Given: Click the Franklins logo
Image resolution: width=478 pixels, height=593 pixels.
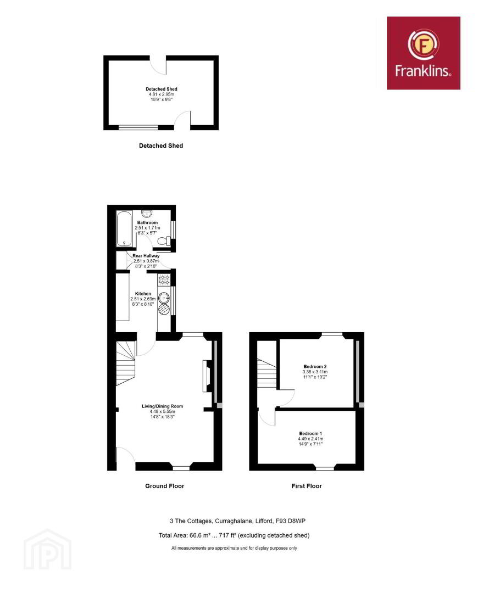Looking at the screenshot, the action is [x=423, y=53].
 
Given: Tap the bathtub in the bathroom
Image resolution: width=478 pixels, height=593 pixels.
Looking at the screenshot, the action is [x=124, y=229].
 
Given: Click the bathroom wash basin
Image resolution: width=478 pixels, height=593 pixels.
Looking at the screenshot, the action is [x=147, y=213].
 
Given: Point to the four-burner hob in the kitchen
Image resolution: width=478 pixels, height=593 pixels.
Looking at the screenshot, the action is [x=164, y=279].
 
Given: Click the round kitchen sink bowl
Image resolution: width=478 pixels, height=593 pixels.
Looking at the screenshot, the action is [x=164, y=298].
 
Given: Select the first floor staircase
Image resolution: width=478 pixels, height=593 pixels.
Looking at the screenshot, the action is [x=267, y=373].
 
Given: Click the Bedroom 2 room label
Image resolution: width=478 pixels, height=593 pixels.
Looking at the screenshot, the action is [x=315, y=366].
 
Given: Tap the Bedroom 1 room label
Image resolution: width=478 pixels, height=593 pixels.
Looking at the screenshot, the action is [x=310, y=433].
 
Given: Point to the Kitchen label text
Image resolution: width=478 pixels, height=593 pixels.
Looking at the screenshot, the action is [x=143, y=293].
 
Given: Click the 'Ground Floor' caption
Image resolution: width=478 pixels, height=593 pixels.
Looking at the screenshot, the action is [x=165, y=486].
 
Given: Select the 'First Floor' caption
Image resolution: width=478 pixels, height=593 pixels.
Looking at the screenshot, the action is [x=307, y=486].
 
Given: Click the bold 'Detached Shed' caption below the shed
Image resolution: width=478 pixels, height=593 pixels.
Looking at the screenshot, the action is [x=161, y=146].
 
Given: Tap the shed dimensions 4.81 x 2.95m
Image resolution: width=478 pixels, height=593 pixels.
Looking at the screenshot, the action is [x=162, y=94].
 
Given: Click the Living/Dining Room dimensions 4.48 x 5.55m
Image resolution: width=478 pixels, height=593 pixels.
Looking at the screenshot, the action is [x=163, y=411].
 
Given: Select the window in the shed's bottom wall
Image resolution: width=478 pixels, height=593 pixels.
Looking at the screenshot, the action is [x=138, y=127].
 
